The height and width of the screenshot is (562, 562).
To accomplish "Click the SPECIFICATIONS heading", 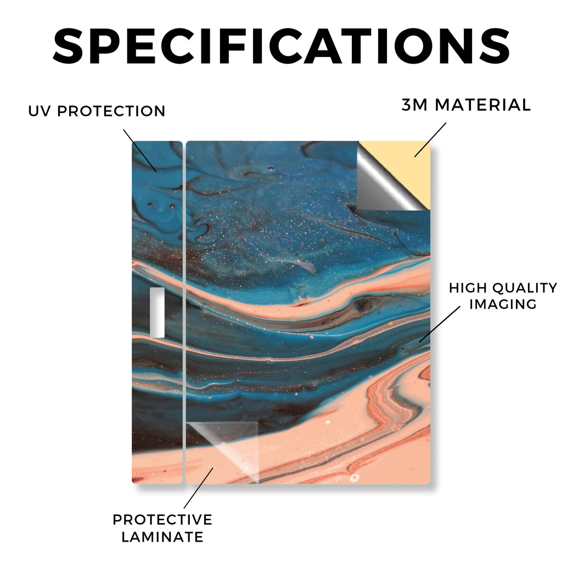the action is click(282, 46).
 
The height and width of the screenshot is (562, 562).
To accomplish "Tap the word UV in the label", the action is click(40, 111).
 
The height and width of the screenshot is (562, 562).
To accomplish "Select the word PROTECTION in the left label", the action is click(111, 111).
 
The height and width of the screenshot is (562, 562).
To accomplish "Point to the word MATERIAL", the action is click(483, 105).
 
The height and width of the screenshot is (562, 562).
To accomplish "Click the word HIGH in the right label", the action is click(468, 288).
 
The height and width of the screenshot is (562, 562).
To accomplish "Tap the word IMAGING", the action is click(503, 304).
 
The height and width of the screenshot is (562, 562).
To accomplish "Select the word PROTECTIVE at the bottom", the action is click(162, 520).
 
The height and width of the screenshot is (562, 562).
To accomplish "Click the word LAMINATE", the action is click(162, 537).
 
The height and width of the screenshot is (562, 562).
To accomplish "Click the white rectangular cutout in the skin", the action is click(157, 312).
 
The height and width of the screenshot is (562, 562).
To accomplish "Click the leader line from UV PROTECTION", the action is click(140, 150).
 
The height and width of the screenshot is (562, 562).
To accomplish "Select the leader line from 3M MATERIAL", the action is click(430, 140).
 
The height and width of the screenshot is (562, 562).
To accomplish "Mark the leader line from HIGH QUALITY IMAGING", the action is click(440, 324).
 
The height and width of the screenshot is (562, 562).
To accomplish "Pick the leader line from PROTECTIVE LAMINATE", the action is click(199, 488).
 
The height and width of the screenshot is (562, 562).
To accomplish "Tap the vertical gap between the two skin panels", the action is click(184, 312).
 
